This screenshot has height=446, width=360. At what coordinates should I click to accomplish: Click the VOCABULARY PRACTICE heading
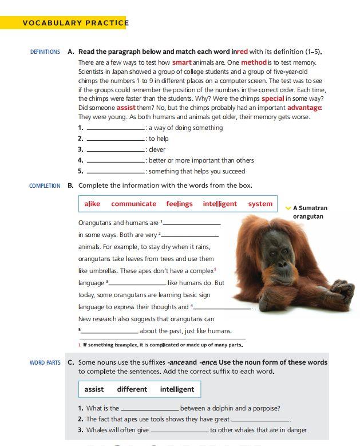(x=74, y=23)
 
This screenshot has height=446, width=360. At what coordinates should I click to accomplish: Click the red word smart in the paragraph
(x=182, y=62)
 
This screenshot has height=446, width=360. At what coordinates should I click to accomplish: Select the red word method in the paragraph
(x=254, y=62)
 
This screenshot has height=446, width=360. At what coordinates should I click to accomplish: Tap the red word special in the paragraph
(x=273, y=98)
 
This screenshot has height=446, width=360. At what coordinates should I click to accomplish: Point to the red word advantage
(x=304, y=108)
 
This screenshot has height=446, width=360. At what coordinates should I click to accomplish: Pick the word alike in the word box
(x=92, y=204)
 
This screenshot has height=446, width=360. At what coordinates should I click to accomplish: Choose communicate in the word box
(x=133, y=204)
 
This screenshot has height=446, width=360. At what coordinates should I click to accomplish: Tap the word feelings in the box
(x=180, y=204)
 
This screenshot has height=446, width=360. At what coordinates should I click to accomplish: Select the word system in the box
(x=260, y=204)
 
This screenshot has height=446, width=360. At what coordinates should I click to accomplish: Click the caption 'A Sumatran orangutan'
(x=310, y=212)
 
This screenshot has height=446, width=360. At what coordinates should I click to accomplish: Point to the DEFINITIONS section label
(x=45, y=52)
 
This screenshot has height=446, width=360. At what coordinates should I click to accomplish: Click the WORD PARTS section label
(x=45, y=362)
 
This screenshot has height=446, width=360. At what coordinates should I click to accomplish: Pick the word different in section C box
(x=132, y=389)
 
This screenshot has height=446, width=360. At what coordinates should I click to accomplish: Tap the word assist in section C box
(x=94, y=389)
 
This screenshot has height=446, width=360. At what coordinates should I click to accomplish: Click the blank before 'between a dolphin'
(x=150, y=409)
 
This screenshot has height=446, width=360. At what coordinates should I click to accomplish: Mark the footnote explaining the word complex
(x=163, y=345)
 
